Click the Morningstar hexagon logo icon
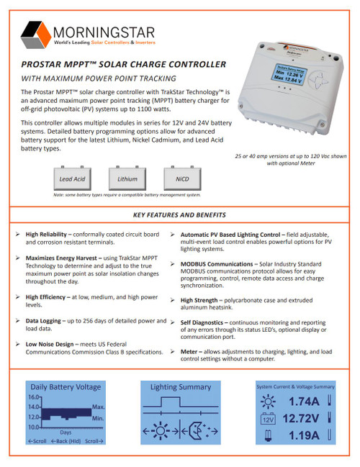click(x=37, y=34)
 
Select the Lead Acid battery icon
click(x=72, y=178)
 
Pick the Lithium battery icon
click(x=127, y=178)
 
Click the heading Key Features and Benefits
click(x=179, y=215)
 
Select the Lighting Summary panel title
click(x=179, y=387)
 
